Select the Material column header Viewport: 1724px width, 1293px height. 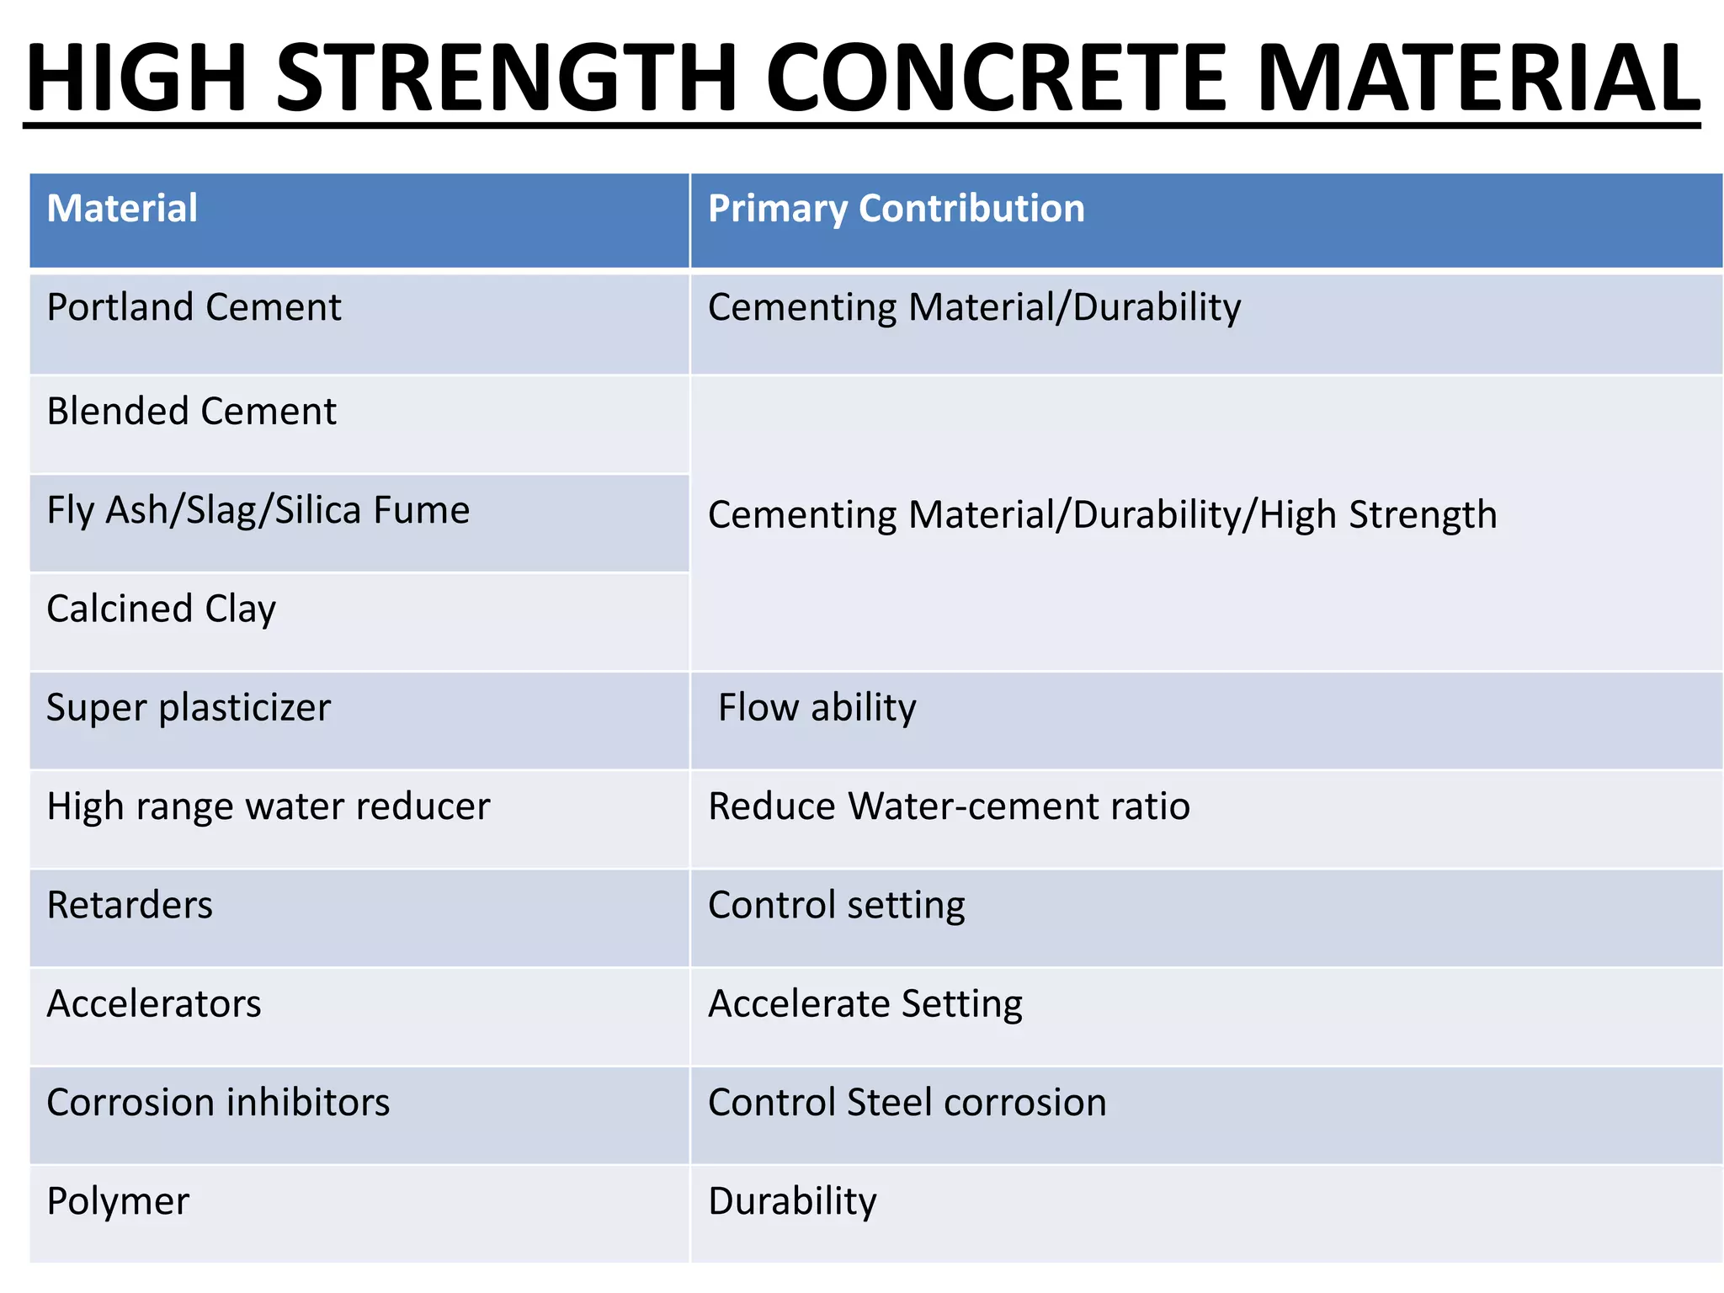coord(122,208)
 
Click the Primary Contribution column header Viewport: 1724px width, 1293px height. coord(897,208)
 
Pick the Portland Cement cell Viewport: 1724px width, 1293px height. coord(194,307)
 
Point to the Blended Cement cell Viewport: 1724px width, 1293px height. coord(191,412)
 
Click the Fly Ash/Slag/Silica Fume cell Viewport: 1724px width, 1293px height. coord(258,511)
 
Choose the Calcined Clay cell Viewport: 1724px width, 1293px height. coord(161,609)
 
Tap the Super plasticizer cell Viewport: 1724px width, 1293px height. coord(189,707)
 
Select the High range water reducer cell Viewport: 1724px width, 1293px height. coord(268,806)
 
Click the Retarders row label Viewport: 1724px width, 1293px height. coord(130,905)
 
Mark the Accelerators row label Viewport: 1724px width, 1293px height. coord(154,1003)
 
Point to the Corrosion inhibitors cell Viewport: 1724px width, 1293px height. coord(218,1103)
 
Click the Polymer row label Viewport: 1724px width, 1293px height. coord(118,1201)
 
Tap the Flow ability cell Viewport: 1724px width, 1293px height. coord(817,707)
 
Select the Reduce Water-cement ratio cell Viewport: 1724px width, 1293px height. coord(949,806)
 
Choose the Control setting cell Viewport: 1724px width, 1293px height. coord(836,905)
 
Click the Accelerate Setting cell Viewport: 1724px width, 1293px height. coord(865,1003)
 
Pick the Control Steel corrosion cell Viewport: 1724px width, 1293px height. coord(907,1103)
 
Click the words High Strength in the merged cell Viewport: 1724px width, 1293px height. coord(1378,515)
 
